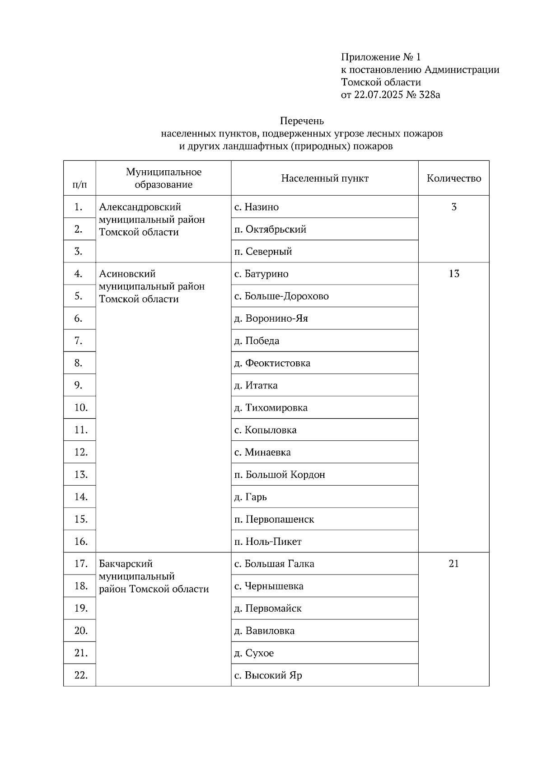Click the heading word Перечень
pyautogui.click(x=302, y=121)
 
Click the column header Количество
pyautogui.click(x=453, y=178)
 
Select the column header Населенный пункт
pyautogui.click(x=324, y=178)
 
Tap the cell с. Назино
pyautogui.click(x=257, y=207)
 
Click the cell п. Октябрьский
pyautogui.click(x=270, y=229)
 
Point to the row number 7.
pyautogui.click(x=79, y=341)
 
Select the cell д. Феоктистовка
pyautogui.click(x=272, y=363)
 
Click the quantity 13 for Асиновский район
pyautogui.click(x=453, y=274)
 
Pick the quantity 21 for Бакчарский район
pyautogui.click(x=453, y=564)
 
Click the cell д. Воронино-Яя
pyautogui.click(x=271, y=318)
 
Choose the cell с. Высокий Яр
pyautogui.click(x=268, y=676)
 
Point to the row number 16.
pyautogui.click(x=81, y=542)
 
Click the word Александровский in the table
pyautogui.click(x=140, y=207)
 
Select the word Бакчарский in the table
pyautogui.click(x=126, y=564)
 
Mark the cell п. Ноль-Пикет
pyautogui.click(x=267, y=542)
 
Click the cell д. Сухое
pyautogui.click(x=253, y=653)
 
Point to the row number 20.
pyautogui.click(x=81, y=631)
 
